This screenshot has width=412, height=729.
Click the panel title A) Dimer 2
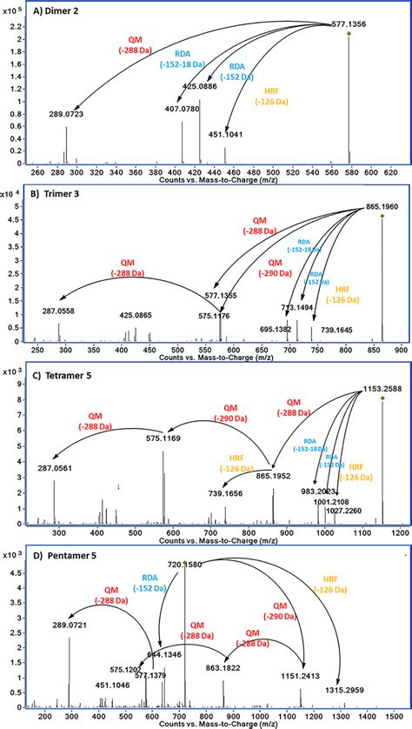click(54, 11)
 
